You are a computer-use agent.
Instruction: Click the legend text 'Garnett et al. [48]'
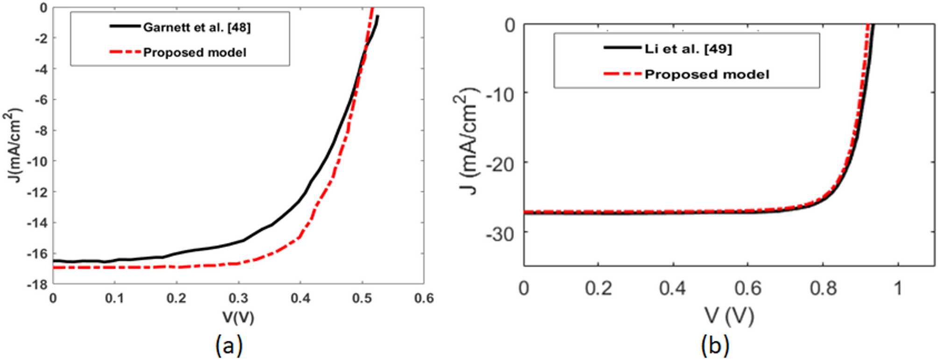click(x=197, y=28)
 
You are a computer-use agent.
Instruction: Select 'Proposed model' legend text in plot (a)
click(x=194, y=52)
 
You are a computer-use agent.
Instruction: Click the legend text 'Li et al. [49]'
click(x=688, y=49)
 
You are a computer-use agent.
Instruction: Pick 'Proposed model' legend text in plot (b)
click(x=706, y=74)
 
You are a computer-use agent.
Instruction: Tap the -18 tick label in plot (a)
click(x=37, y=284)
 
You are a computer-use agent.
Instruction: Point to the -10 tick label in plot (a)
click(x=37, y=161)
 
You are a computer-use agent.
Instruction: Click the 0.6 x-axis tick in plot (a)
click(x=424, y=298)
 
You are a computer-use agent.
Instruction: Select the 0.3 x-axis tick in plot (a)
click(x=238, y=298)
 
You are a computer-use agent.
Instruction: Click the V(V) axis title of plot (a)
click(x=238, y=318)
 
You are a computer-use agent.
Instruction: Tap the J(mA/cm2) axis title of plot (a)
click(x=13, y=145)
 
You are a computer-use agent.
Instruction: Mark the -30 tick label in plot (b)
click(x=501, y=234)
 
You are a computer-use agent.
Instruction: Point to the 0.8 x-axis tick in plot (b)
click(x=823, y=288)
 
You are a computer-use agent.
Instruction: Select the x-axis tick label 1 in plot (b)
click(x=898, y=288)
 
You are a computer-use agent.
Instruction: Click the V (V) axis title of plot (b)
click(x=729, y=316)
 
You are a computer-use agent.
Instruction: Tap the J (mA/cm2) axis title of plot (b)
click(x=466, y=140)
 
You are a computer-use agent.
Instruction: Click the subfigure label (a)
click(x=229, y=346)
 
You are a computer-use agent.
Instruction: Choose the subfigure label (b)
click(x=715, y=346)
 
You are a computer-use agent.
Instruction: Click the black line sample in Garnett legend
click(x=125, y=27)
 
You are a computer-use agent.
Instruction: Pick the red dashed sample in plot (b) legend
click(x=622, y=74)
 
